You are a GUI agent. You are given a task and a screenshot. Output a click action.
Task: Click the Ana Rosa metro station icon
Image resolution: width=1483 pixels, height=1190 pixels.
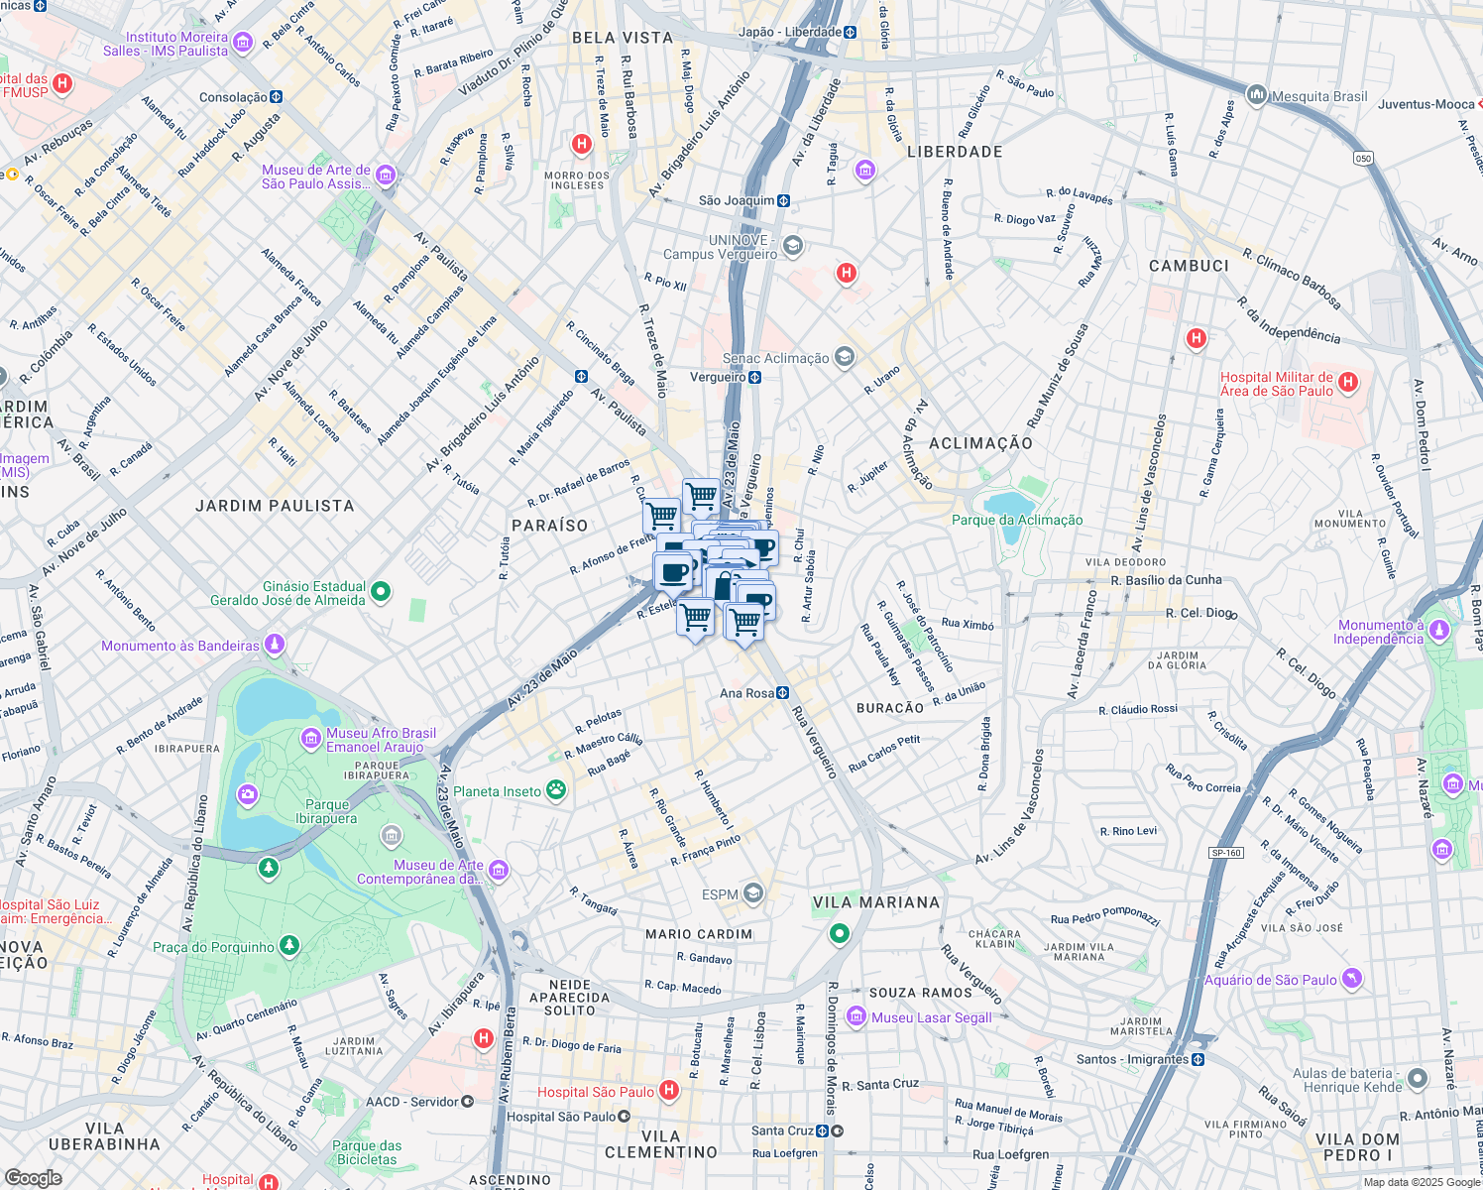[x=783, y=693]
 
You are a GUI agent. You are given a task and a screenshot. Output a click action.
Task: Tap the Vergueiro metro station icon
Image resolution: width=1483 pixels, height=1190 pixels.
[x=755, y=377]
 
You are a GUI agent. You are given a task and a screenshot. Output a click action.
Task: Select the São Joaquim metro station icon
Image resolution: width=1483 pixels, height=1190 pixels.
[x=784, y=200]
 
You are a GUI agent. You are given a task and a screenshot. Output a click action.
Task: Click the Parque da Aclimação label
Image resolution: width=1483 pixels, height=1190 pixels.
[x=1017, y=520]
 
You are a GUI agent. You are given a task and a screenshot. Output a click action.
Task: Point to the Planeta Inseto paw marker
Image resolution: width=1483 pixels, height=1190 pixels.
[x=556, y=790]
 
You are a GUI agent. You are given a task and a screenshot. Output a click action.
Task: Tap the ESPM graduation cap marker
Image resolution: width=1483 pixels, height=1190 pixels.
[x=753, y=894]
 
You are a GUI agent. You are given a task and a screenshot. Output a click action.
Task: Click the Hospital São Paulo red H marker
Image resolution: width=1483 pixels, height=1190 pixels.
[x=669, y=1091]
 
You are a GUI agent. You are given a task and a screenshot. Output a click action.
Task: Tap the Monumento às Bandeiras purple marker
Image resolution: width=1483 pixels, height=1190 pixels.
[x=275, y=645]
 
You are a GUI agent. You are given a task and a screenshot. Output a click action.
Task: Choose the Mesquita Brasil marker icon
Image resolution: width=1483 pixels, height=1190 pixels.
[x=1257, y=96]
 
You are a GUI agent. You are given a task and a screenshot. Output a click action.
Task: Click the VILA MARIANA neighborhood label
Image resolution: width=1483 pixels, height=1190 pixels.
[x=875, y=902]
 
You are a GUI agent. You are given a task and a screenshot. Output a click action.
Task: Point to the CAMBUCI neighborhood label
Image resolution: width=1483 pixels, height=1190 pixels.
[x=1189, y=266]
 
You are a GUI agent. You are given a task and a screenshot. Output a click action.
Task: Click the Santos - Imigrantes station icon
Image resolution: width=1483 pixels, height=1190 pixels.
[x=1198, y=1059]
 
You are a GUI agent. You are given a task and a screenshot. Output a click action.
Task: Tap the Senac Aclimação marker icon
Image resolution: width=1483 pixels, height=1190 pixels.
[x=844, y=358]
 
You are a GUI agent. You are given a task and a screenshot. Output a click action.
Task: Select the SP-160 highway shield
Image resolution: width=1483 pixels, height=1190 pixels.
[x=1226, y=853]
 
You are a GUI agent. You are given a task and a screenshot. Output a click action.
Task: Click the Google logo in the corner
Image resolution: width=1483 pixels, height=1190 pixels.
[x=33, y=1177]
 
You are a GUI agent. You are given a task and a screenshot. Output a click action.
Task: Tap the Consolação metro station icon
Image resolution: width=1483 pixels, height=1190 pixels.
[x=277, y=97]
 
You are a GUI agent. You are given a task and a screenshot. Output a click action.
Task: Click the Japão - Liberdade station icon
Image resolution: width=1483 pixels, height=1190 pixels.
[x=851, y=32]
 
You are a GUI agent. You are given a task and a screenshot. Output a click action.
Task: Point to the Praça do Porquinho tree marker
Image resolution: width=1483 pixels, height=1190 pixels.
[x=288, y=946]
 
